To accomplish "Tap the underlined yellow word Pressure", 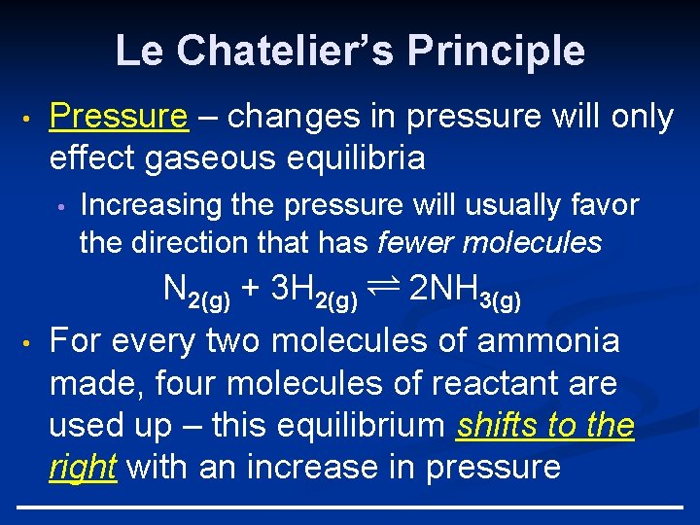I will (x=119, y=117).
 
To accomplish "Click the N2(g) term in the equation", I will (x=195, y=291).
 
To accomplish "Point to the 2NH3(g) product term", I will (x=465, y=291).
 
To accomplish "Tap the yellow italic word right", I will (x=83, y=468).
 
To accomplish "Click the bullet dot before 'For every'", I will (x=31, y=342).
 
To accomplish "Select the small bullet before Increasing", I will (x=60, y=206).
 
